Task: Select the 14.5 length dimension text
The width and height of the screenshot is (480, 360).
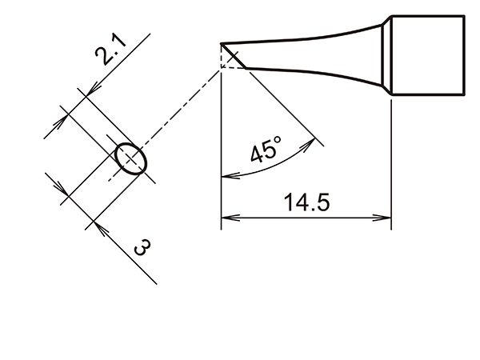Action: tap(306, 202)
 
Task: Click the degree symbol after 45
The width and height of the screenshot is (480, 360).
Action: tap(278, 141)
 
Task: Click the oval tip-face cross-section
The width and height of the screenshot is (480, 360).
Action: tap(130, 158)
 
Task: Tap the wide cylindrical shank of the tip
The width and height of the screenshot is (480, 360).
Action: tap(427, 56)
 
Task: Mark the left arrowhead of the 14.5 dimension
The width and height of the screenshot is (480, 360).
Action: tap(226, 217)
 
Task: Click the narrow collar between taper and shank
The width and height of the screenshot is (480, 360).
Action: tap(387, 57)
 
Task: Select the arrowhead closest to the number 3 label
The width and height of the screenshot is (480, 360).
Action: tap(98, 223)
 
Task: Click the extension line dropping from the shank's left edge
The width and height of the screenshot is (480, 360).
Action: tap(390, 160)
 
